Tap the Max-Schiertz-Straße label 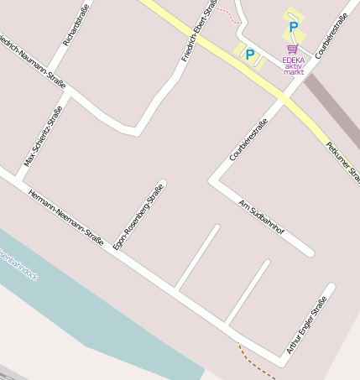click(x=43, y=136)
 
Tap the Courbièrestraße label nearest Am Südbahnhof click(x=248, y=139)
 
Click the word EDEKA click(x=294, y=60)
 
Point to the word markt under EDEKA click(x=294, y=73)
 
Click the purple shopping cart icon click(x=292, y=49)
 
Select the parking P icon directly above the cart click(x=293, y=27)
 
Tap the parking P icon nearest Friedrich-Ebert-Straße click(x=249, y=55)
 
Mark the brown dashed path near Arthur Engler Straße click(x=257, y=359)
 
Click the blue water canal click(x=101, y=310)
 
